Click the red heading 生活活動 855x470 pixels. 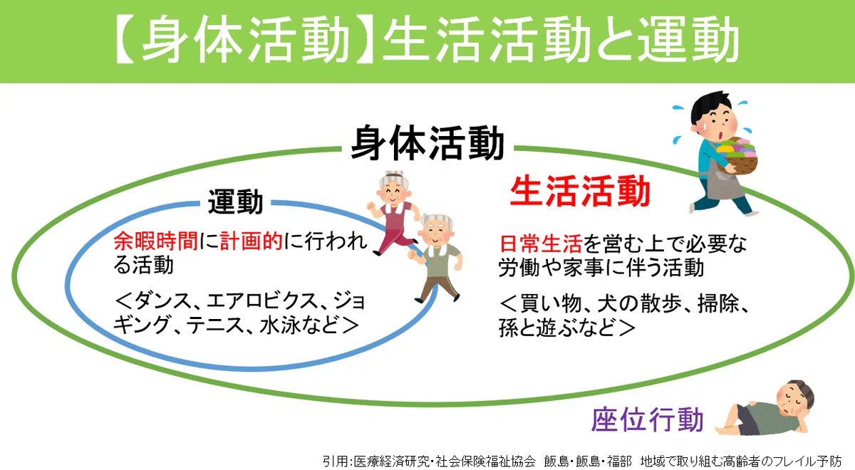580,191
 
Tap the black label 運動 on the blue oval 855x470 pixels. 236,202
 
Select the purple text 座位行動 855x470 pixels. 648,419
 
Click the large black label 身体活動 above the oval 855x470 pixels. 427,143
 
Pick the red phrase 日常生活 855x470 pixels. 541,244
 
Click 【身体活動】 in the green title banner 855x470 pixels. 244,38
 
